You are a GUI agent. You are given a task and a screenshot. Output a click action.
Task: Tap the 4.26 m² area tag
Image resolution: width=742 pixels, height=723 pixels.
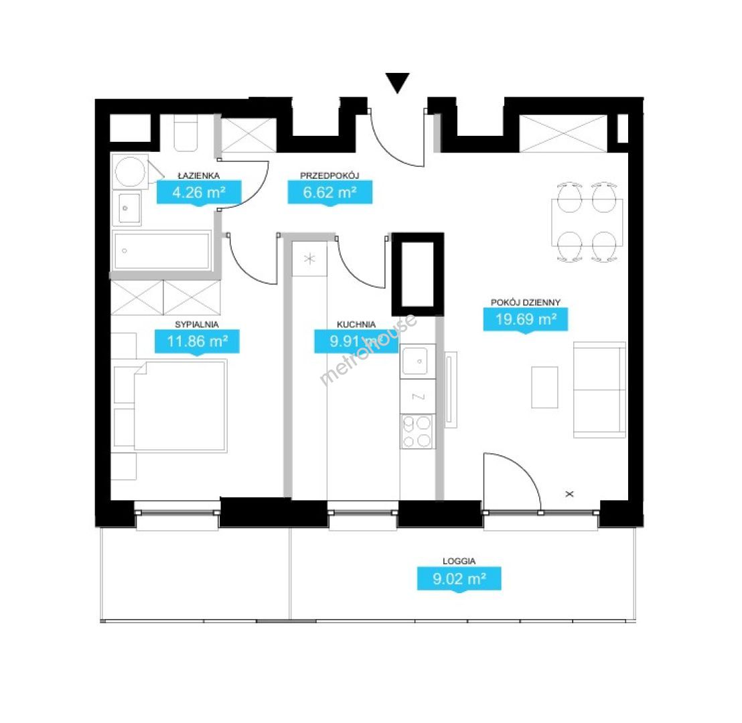coord(199,193)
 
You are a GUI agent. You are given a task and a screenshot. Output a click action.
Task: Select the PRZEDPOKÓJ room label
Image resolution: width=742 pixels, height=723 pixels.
coord(329,175)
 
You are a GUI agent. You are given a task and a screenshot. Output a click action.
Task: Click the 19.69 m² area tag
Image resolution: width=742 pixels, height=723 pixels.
coord(525,320)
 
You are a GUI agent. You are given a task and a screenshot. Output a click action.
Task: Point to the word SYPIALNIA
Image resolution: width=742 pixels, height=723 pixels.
coord(197,325)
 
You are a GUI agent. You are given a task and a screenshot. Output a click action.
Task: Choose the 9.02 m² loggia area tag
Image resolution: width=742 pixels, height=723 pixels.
coord(459,578)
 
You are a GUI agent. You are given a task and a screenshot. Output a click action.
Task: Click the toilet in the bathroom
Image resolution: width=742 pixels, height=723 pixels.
coord(185,133)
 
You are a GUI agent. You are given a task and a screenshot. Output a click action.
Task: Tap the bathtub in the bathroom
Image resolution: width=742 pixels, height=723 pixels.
coord(162,251)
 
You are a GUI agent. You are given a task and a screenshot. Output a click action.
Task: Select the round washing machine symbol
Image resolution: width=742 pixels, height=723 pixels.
coord(130,171)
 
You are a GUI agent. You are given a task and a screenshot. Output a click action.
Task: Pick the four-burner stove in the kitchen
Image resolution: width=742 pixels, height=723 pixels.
coord(417,432)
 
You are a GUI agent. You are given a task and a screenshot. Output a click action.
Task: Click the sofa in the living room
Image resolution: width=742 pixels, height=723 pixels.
coord(599,390)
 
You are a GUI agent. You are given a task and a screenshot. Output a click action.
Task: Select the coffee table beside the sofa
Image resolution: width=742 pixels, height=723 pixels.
coord(544,387)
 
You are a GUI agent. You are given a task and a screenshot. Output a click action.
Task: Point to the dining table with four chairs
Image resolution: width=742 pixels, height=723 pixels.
coord(587,222)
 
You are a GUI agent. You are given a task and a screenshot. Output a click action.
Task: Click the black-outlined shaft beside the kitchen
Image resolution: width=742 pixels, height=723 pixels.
coord(418,274)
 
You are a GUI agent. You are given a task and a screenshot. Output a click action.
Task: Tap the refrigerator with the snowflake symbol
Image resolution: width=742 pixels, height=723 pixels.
coord(309,258)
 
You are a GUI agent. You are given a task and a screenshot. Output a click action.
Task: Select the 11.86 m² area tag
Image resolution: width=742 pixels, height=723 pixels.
coord(197,341)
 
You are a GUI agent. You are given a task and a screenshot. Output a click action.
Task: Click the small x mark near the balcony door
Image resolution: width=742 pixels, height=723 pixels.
coord(569,494)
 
